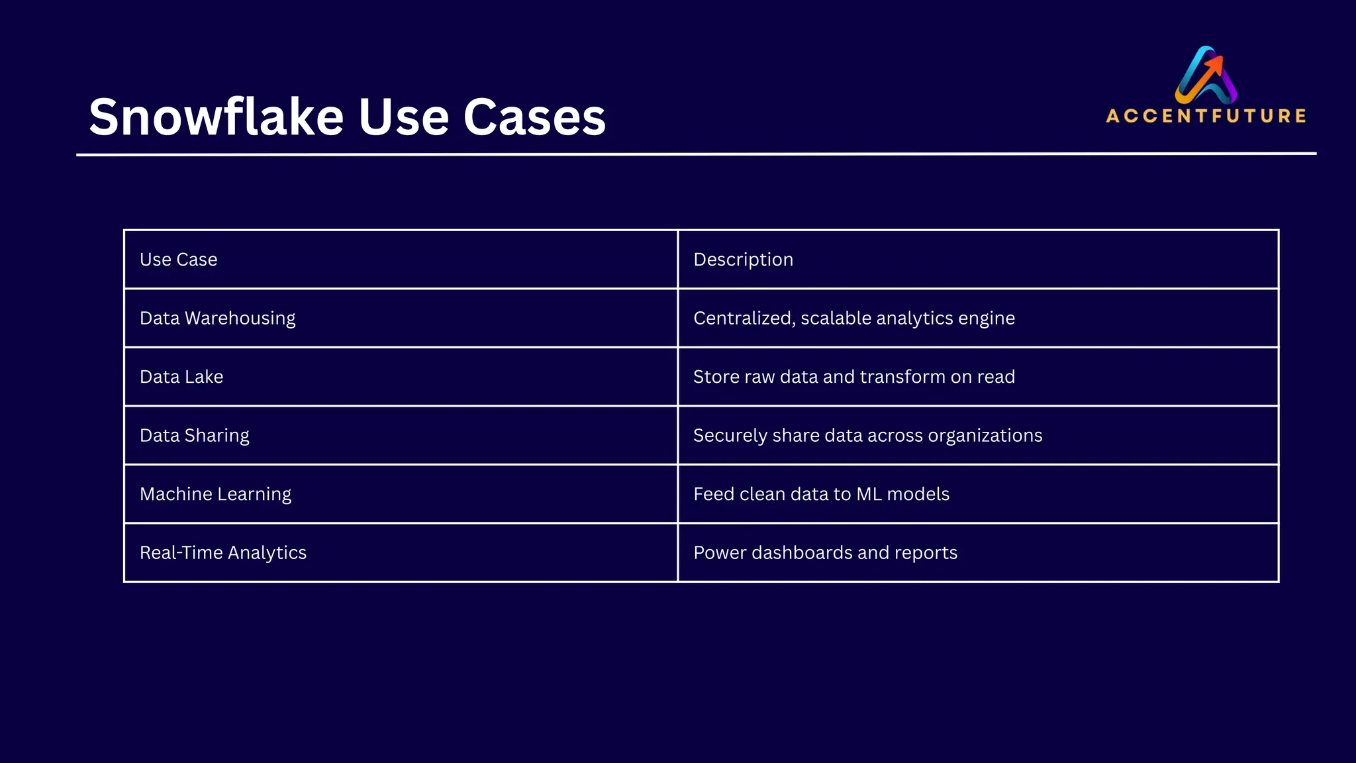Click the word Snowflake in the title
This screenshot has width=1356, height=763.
tap(217, 117)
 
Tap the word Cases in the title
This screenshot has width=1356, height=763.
tap(534, 117)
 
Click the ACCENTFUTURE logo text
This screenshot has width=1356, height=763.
tap(1206, 116)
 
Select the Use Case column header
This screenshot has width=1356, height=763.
tap(178, 260)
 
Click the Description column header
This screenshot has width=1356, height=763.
tap(743, 260)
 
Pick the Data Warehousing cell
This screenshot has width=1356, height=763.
tap(217, 319)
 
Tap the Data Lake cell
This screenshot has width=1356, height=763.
tap(181, 377)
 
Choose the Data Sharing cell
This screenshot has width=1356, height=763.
tap(194, 436)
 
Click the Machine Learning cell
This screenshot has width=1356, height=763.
tap(215, 494)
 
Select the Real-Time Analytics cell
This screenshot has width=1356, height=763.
tap(222, 552)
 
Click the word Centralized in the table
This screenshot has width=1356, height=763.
tap(744, 319)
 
